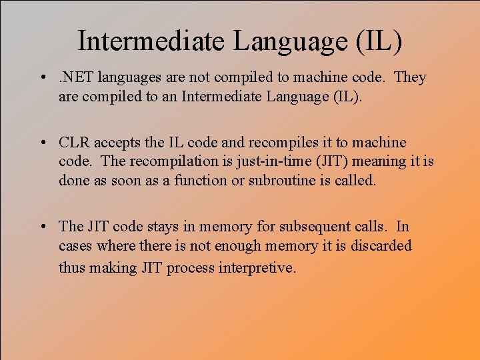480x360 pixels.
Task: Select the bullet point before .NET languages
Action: pos(42,78)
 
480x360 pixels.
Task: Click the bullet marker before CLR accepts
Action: pos(42,143)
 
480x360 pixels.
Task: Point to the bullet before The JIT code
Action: pos(42,228)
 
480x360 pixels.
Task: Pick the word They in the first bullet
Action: pos(410,77)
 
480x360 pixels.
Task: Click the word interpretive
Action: pos(257,267)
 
